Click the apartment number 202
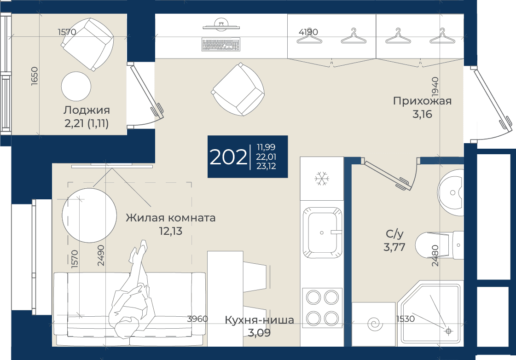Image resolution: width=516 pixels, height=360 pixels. [228, 157]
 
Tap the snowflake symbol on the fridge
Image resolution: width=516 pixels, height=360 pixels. [321, 178]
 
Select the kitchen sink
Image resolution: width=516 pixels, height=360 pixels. [321, 232]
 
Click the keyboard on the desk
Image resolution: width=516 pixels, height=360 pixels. [221, 44]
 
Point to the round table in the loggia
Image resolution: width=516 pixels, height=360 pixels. [76, 86]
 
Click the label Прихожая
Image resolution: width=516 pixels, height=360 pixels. [422, 101]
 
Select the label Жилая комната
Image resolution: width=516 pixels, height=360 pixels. [170, 217]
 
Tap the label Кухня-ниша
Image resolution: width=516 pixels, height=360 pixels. [259, 319]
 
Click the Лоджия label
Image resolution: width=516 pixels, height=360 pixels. [87, 110]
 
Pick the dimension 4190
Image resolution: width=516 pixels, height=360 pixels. [308, 32]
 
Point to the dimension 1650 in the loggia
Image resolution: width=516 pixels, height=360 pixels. [35, 76]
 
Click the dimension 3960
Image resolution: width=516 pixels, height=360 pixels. [197, 319]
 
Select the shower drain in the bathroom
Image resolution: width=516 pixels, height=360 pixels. [448, 331]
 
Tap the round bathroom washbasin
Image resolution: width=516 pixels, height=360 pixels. [451, 192]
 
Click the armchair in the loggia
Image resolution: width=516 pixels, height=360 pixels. [88, 44]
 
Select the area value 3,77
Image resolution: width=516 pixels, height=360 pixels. [394, 247]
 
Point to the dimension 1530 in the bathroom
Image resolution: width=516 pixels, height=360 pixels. [406, 319]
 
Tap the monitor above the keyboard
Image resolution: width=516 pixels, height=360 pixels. [221, 25]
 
